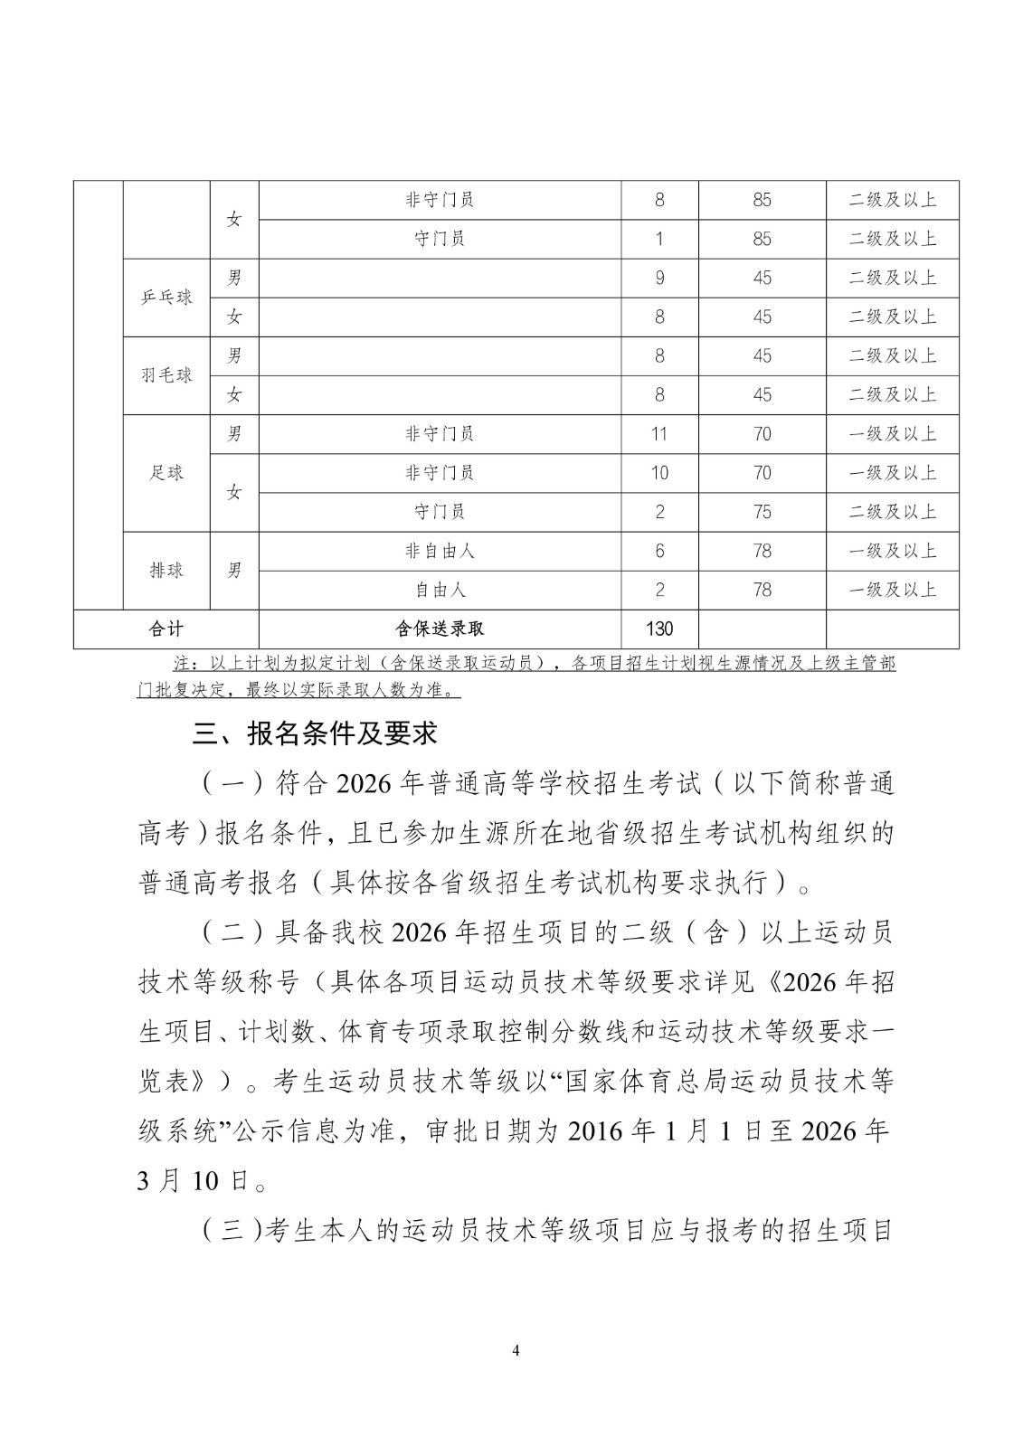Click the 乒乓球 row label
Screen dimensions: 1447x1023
(x=166, y=298)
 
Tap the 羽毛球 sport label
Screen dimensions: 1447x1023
(x=166, y=375)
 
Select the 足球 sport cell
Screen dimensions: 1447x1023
(x=166, y=472)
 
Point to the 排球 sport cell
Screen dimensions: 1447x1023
(x=166, y=570)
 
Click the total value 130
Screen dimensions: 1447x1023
(x=659, y=629)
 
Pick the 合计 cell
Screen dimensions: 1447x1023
(x=166, y=629)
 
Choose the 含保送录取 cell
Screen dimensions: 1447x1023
(x=440, y=629)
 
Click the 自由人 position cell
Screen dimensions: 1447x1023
(x=440, y=590)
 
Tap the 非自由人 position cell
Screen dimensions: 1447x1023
(x=440, y=551)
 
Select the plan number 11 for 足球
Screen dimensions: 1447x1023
(x=659, y=434)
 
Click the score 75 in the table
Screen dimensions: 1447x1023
(x=762, y=512)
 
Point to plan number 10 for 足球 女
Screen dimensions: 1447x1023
(x=659, y=473)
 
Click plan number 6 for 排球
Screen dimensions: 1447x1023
(x=659, y=551)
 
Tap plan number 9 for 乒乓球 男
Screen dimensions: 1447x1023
(x=659, y=278)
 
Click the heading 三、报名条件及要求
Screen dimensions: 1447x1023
(x=315, y=733)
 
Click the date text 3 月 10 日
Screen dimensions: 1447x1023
(x=194, y=1180)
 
